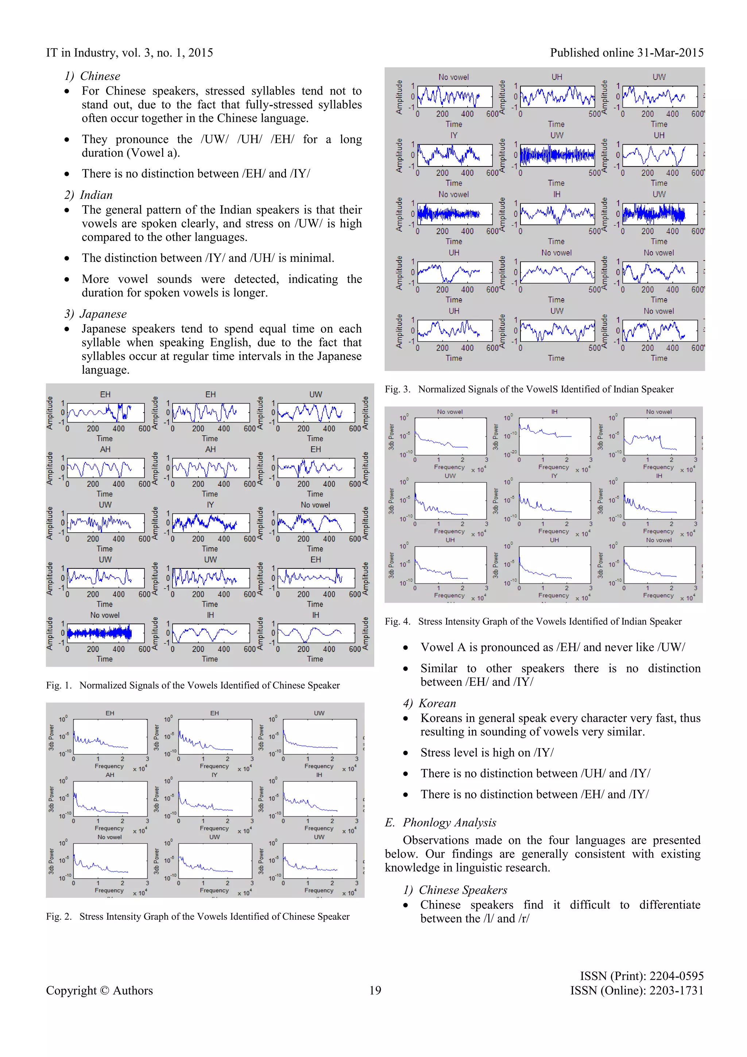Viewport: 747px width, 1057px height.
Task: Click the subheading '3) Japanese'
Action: tap(96, 314)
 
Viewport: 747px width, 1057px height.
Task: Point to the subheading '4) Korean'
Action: tap(430, 704)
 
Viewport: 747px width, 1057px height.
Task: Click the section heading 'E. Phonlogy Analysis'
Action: tap(441, 823)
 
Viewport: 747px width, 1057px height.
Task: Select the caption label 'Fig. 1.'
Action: tap(59, 685)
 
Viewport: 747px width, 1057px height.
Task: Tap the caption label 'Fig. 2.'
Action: tap(59, 916)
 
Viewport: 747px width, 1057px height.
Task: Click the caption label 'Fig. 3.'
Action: tap(398, 390)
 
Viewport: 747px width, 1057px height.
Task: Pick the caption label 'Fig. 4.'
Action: tap(398, 621)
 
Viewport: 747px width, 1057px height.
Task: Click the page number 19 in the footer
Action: tap(375, 990)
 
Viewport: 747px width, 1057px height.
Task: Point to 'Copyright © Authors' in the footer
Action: tap(99, 990)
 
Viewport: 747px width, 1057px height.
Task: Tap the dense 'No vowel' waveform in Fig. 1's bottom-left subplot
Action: tap(99, 633)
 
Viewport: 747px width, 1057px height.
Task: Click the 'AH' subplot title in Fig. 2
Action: tap(110, 775)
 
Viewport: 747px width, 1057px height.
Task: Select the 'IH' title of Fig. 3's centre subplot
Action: tap(557, 195)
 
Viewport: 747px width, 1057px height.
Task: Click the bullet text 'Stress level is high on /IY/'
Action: tap(487, 753)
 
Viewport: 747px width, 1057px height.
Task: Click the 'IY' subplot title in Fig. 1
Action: tap(210, 505)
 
